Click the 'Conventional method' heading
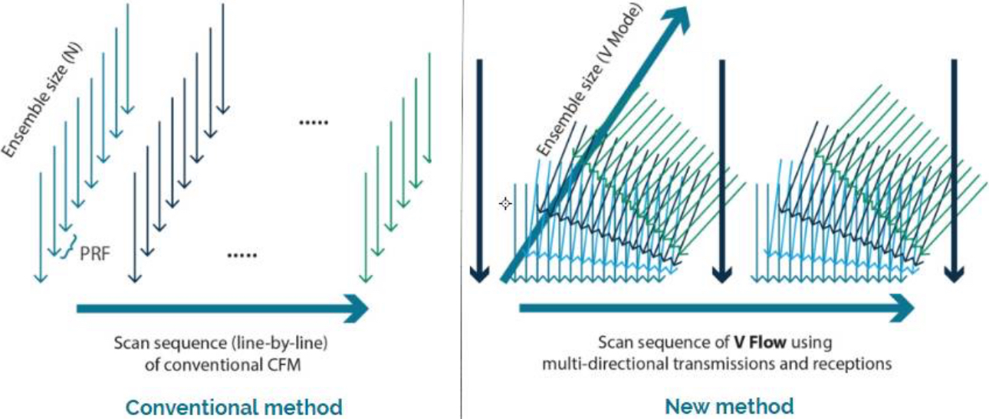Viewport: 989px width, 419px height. click(x=233, y=406)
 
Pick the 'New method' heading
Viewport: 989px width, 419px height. click(x=728, y=405)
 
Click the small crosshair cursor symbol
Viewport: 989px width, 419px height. click(x=505, y=204)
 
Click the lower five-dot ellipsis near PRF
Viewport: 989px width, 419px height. click(x=243, y=255)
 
